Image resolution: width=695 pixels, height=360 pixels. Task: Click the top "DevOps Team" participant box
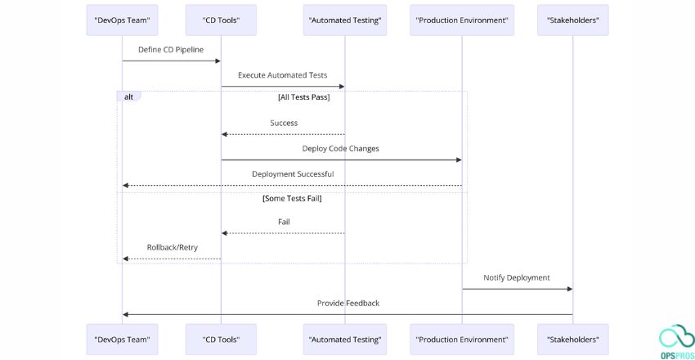[x=122, y=20]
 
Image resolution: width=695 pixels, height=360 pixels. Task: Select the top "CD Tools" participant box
[x=220, y=20]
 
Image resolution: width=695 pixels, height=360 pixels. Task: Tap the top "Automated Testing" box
[x=344, y=20]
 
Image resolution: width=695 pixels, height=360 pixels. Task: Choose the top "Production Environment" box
[x=461, y=20]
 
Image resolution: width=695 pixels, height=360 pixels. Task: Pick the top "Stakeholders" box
[x=572, y=20]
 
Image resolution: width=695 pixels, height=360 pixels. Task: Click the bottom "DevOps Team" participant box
[x=122, y=339]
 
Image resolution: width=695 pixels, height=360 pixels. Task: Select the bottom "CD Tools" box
[x=220, y=339]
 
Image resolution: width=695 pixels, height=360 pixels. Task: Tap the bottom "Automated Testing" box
[x=344, y=339]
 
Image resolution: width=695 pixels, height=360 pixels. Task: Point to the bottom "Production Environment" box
[x=461, y=339]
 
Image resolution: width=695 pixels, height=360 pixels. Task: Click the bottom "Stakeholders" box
[x=572, y=339]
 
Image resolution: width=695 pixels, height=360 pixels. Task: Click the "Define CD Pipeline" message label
[x=171, y=50]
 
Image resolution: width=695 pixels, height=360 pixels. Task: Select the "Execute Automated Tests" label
[x=282, y=75]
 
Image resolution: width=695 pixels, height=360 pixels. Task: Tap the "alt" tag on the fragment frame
[x=128, y=97]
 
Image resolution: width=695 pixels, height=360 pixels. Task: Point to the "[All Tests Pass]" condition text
[x=303, y=97]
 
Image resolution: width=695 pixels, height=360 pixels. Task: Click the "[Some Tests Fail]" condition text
[x=292, y=199]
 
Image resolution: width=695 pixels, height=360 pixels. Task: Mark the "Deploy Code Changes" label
[x=340, y=149]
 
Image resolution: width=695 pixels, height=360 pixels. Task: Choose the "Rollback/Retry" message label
[x=172, y=247]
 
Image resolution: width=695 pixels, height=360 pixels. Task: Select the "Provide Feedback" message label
[x=347, y=304]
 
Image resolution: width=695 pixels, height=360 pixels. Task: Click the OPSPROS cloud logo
[x=676, y=339]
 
